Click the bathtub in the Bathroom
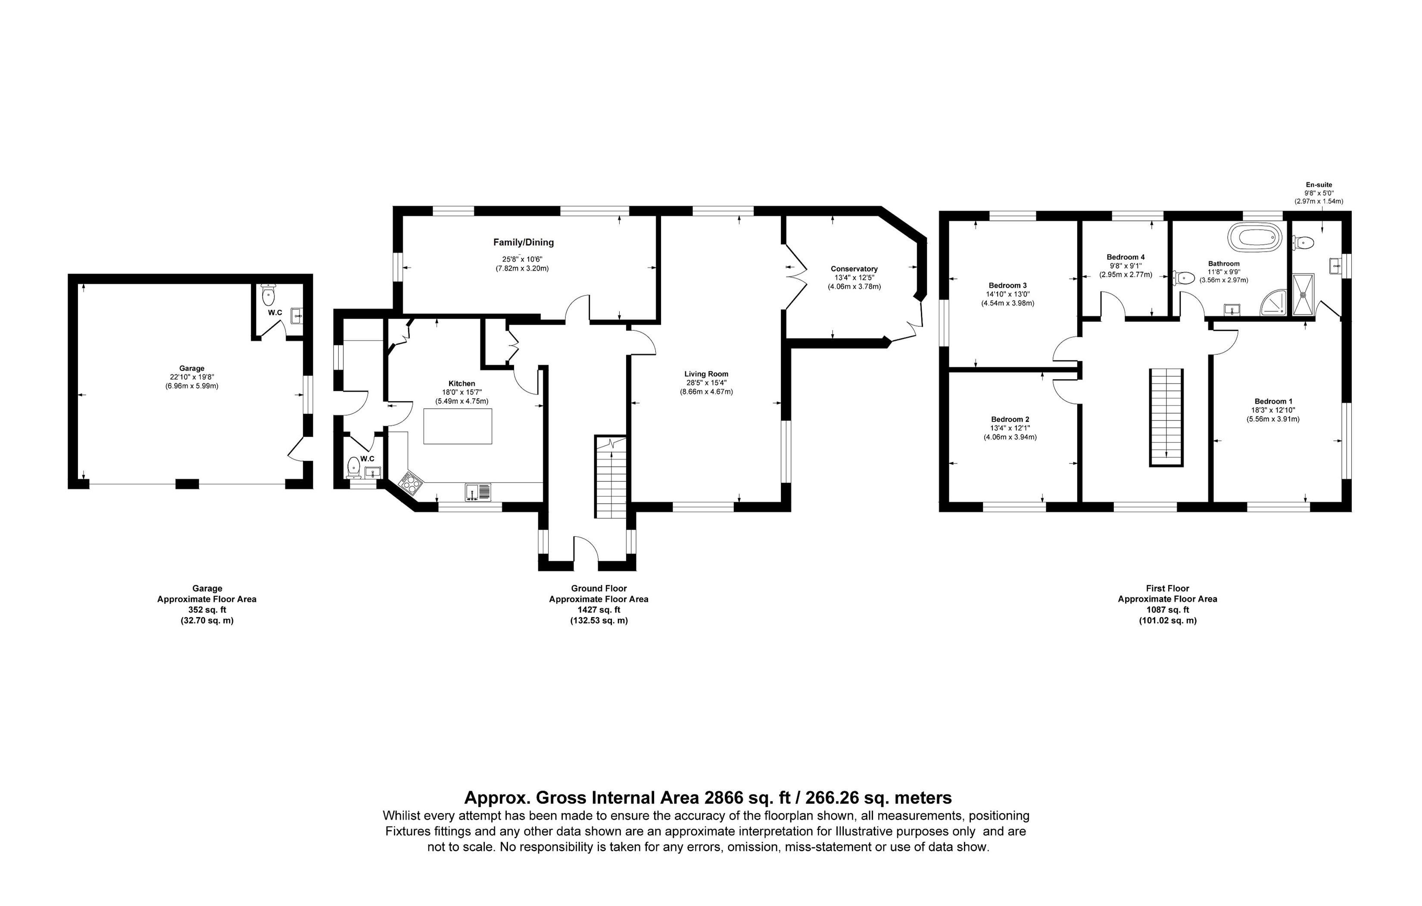click(1256, 237)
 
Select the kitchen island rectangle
click(458, 425)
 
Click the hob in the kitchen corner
click(412, 484)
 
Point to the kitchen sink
click(478, 492)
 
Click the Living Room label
click(706, 374)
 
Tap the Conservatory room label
click(854, 269)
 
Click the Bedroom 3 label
click(1007, 285)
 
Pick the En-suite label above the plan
click(1319, 185)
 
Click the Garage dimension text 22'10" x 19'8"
click(192, 377)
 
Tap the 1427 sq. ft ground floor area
click(599, 610)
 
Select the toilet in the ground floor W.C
click(354, 466)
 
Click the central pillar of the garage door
click(187, 484)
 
